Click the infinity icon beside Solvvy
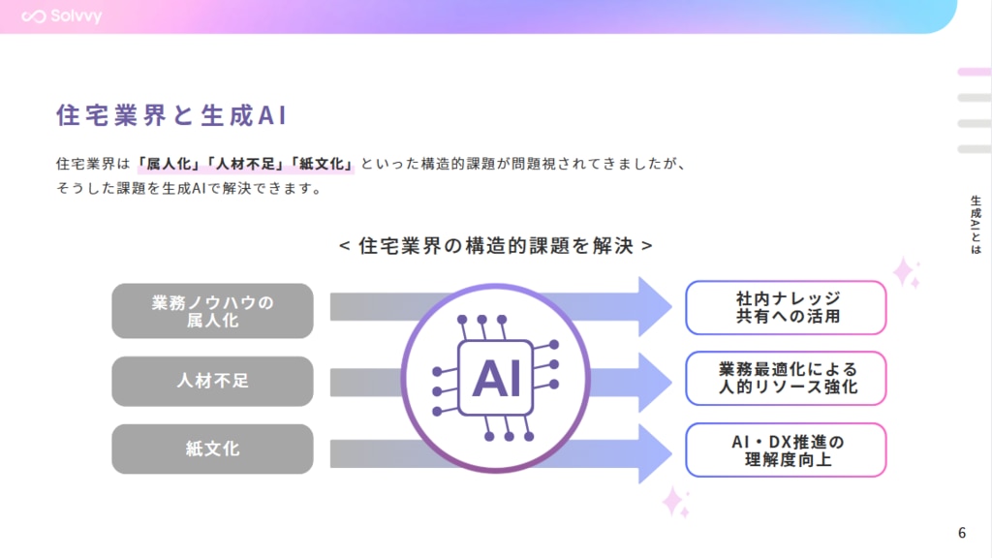[x=36, y=16]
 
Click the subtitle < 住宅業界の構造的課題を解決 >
[x=495, y=245]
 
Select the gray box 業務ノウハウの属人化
[x=212, y=311]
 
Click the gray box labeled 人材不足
[x=212, y=381]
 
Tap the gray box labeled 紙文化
[x=212, y=449]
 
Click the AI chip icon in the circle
[x=496, y=377]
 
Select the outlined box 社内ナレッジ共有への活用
[x=786, y=307]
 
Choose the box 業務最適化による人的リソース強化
[x=786, y=378]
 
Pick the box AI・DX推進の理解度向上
[x=786, y=449]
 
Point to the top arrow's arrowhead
[x=654, y=306]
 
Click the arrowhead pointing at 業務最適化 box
[x=654, y=378]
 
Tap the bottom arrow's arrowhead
[x=654, y=451]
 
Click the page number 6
[x=962, y=532]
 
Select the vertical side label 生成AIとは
[x=975, y=224]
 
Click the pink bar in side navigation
[x=974, y=72]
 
